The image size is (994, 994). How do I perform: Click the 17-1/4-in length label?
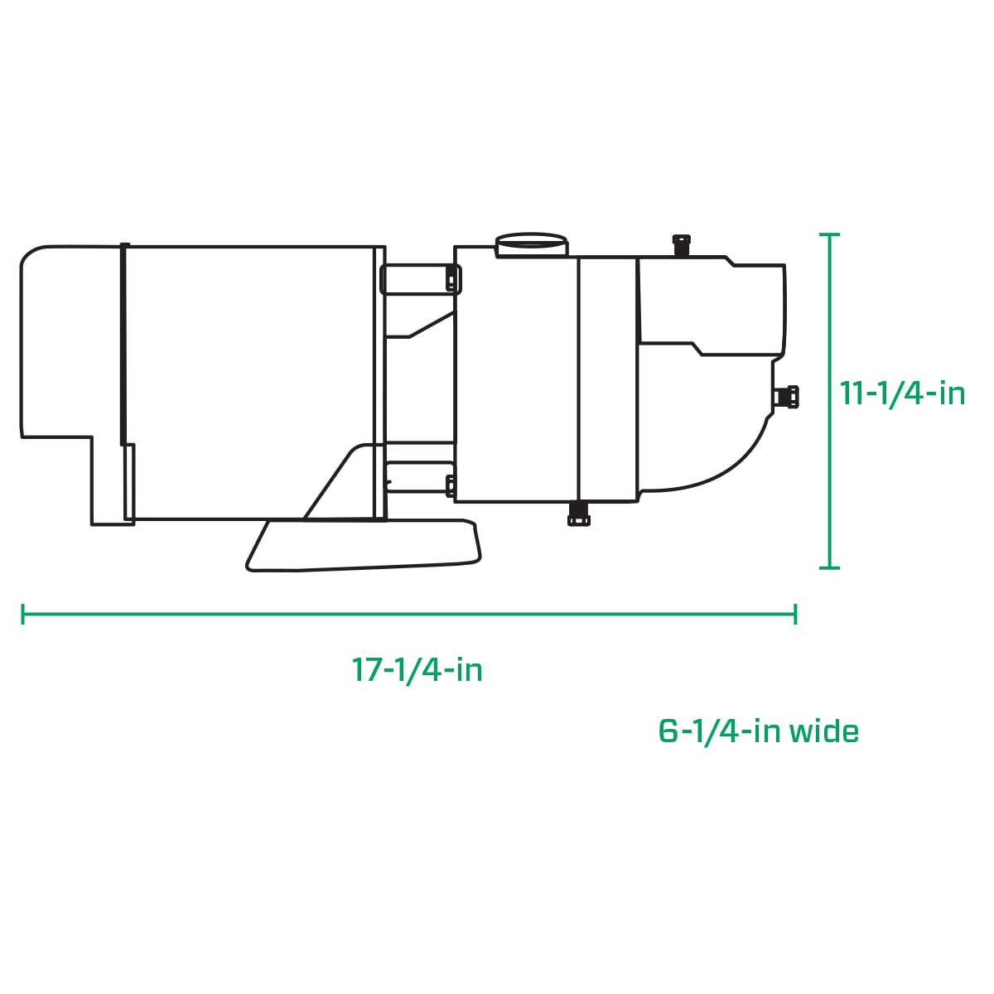point(417,669)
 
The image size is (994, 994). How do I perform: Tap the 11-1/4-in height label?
point(903,393)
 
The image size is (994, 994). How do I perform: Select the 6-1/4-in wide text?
point(758,731)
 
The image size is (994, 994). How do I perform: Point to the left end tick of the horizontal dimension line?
point(23,614)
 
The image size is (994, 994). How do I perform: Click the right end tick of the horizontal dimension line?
point(795,614)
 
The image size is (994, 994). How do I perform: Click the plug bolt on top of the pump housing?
point(681,244)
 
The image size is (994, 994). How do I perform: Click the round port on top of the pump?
point(533,244)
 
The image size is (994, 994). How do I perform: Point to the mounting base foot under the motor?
point(364,546)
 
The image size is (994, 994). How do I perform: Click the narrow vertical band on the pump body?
point(607,381)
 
